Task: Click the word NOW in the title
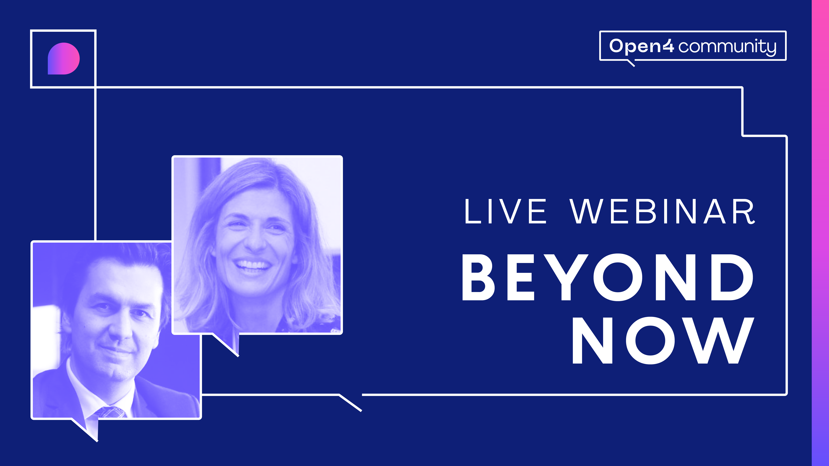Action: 663,340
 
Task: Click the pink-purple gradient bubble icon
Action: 64,59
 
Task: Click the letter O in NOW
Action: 651,340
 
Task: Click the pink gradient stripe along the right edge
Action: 820,233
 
